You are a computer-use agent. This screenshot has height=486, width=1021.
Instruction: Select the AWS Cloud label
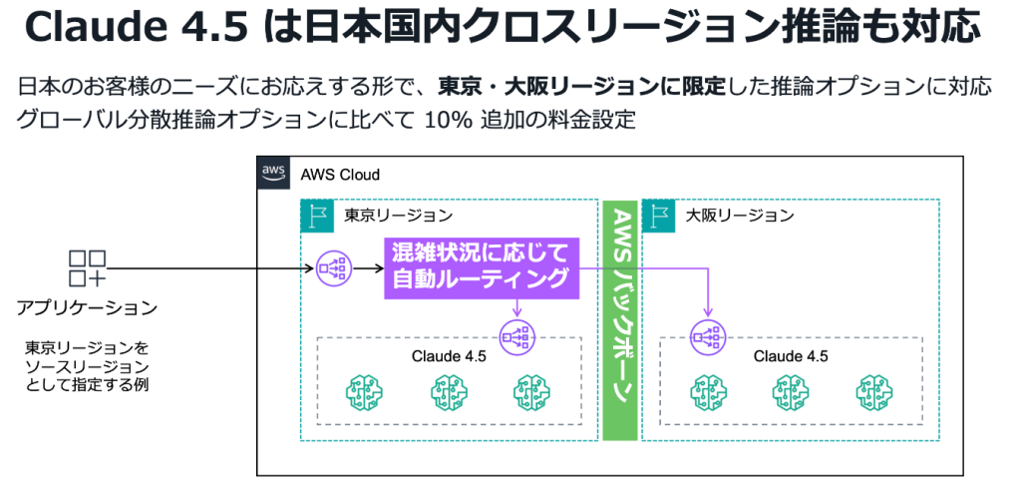point(340,175)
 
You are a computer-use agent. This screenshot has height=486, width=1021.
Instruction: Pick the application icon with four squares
point(88,268)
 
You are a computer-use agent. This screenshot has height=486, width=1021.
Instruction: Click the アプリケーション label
point(87,306)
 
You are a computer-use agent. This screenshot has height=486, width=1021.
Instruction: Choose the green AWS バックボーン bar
point(620,319)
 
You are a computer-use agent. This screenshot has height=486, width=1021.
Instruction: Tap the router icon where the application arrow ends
point(331,268)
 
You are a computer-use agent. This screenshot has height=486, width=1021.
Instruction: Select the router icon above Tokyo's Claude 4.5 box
point(516,336)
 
